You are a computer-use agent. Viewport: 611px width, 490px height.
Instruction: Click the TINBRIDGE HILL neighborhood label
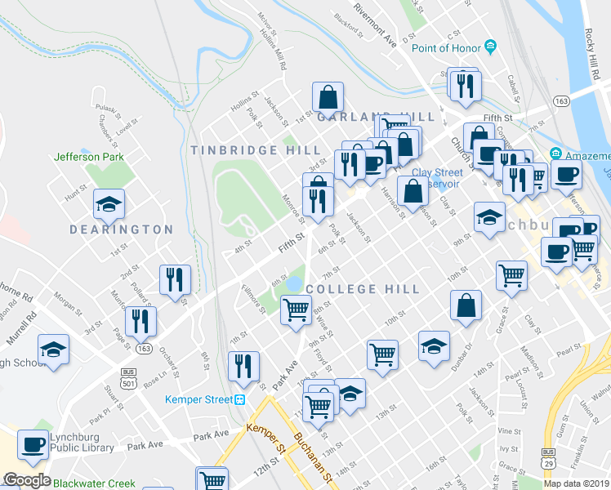click(244, 150)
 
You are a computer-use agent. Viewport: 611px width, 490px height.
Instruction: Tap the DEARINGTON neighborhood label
click(123, 230)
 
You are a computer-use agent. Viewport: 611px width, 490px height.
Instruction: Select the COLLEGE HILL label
click(363, 289)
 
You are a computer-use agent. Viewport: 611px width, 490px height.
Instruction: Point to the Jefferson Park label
click(87, 157)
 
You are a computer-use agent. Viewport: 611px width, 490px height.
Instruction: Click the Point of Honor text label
click(446, 48)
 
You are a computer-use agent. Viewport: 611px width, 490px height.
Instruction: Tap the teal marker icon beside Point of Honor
click(491, 46)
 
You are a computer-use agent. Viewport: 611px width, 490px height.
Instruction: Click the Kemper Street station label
click(199, 399)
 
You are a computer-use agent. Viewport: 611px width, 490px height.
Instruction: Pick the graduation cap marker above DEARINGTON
click(108, 205)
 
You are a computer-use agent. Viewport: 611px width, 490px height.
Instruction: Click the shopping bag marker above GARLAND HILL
click(328, 97)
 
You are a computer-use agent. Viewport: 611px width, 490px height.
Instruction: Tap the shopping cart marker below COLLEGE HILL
click(295, 310)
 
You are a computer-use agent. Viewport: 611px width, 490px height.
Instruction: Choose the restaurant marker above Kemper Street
click(243, 367)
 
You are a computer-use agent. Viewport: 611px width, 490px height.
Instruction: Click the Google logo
click(26, 480)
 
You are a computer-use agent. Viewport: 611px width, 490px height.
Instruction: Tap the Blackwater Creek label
click(94, 483)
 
